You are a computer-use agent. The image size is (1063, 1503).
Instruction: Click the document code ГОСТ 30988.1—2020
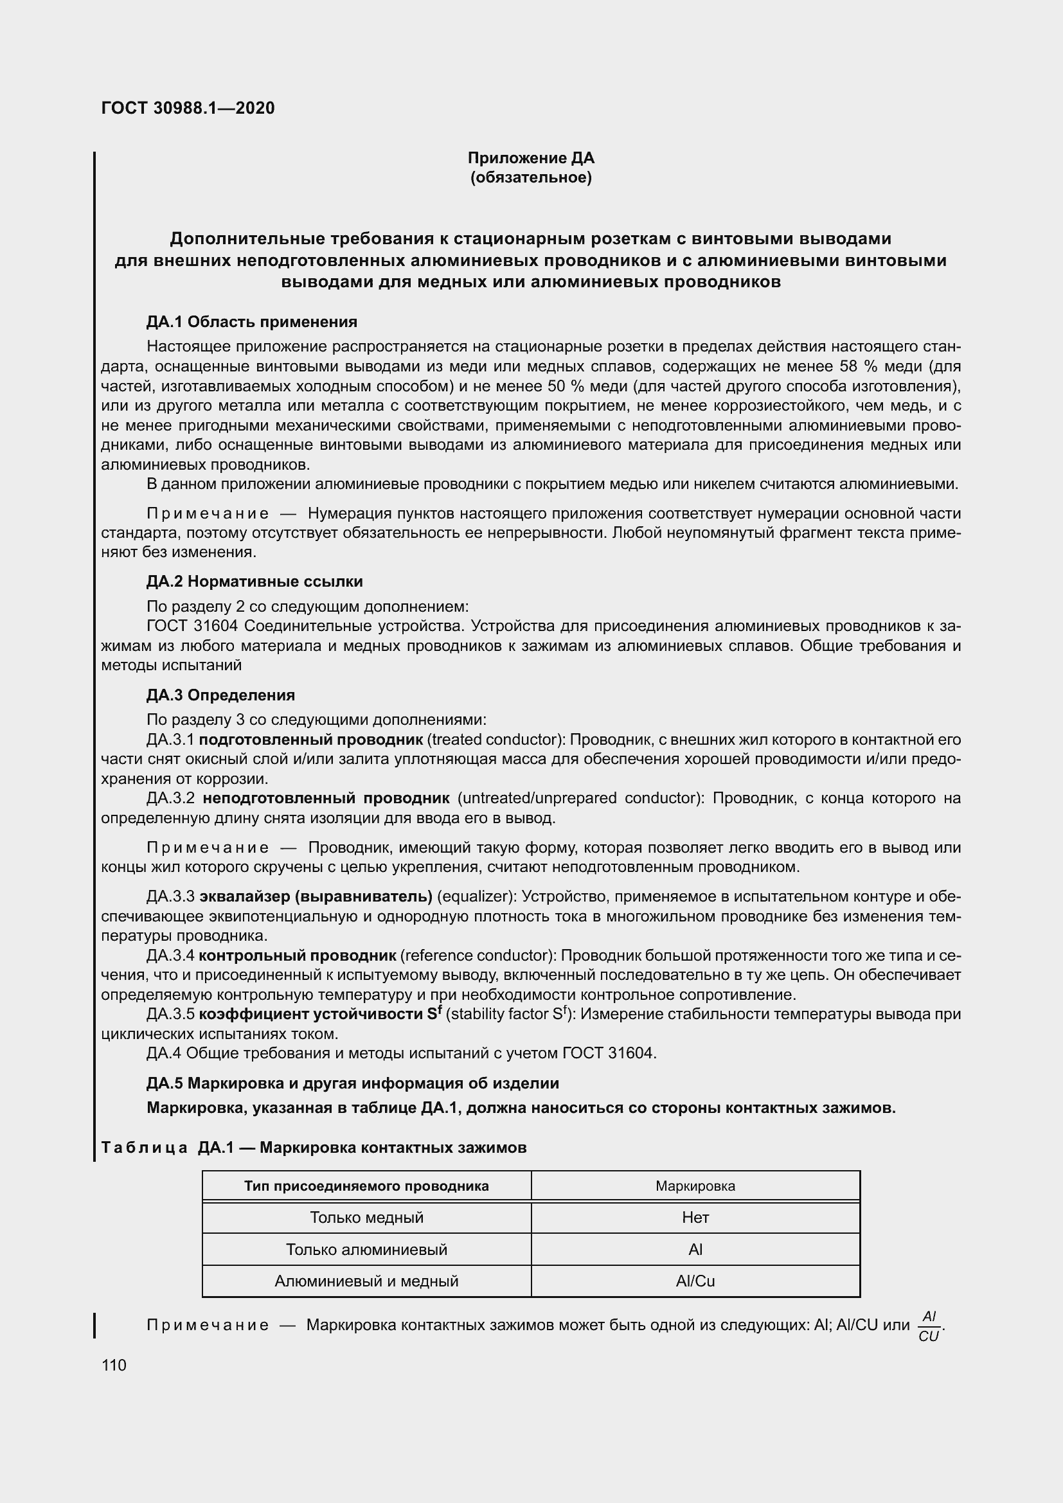point(188,108)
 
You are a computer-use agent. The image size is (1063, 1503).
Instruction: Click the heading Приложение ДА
point(531,158)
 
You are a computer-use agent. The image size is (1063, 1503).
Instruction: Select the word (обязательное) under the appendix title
point(531,177)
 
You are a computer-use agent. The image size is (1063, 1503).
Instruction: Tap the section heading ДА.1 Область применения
point(252,321)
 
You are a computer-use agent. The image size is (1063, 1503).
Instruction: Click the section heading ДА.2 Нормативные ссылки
point(255,582)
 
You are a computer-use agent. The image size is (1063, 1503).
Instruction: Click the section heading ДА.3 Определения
point(220,695)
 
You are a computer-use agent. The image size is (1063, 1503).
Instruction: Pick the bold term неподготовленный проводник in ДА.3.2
point(326,798)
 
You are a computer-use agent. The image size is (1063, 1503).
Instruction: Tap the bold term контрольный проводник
point(298,956)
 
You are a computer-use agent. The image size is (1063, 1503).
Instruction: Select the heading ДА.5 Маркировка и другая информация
point(353,1083)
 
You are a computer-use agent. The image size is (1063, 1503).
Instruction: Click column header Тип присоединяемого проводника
point(366,1186)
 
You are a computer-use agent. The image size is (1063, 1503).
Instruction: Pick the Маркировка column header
point(695,1186)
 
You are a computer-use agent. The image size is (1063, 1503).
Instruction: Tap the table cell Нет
point(695,1218)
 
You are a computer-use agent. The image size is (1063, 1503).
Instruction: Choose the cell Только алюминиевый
point(366,1250)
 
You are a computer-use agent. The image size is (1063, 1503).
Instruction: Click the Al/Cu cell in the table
point(695,1281)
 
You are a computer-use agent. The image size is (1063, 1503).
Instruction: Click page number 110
point(114,1365)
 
